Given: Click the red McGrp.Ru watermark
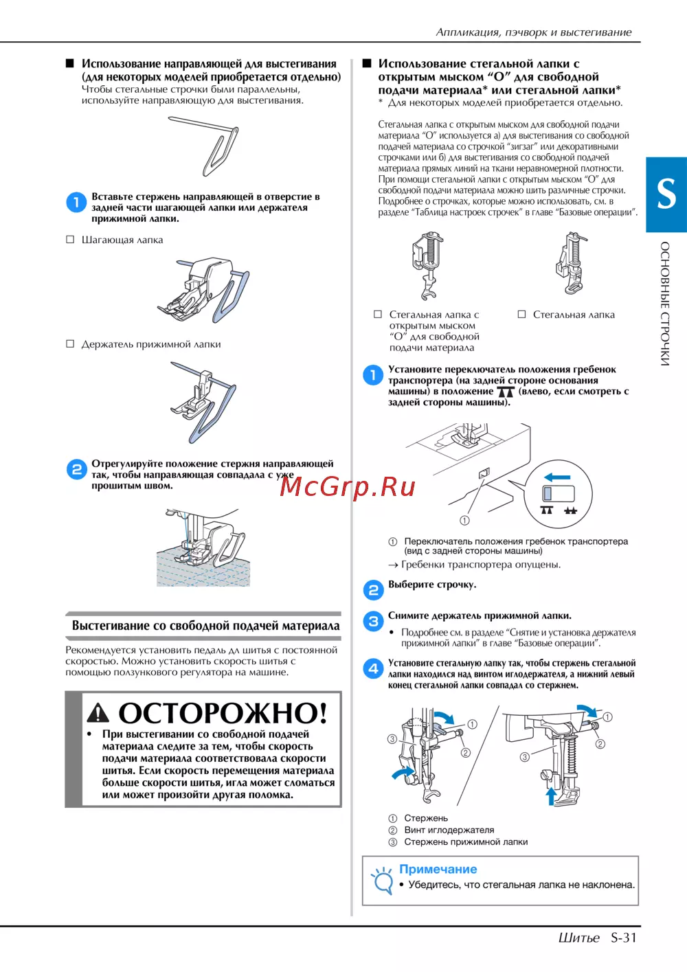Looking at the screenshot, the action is point(347,486).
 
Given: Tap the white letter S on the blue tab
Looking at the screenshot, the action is point(666,194).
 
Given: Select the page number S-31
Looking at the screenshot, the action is point(624,938).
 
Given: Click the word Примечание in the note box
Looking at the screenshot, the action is point(438,869).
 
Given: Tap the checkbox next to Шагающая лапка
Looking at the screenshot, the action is point(70,240).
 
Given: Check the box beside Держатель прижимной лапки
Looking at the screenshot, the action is point(70,343).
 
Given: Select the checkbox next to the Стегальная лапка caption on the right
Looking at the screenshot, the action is point(522,314).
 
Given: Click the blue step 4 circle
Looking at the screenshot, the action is point(373,668).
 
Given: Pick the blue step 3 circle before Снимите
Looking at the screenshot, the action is point(373,621).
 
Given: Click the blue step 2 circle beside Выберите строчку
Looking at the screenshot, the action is point(373,590).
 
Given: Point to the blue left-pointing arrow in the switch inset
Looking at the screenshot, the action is point(557,477).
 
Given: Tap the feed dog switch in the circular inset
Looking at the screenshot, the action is point(558,494).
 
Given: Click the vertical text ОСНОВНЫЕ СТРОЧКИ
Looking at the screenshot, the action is point(665,304).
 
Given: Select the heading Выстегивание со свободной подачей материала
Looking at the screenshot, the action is point(205,626).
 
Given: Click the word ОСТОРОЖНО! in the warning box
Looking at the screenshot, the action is point(223,712).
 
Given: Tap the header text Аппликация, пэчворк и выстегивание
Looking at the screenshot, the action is point(534,32).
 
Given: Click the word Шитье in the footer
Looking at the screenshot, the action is point(579,938).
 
